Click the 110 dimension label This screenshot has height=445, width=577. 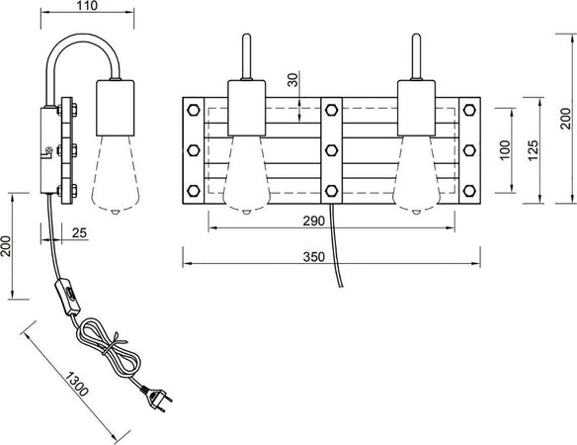tap(87, 6)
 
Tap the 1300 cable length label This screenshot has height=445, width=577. tap(77, 385)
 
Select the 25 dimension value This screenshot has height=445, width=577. tap(79, 232)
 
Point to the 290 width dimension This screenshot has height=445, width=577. tap(314, 222)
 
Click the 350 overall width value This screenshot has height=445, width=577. tap(314, 257)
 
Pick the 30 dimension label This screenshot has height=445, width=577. tap(292, 80)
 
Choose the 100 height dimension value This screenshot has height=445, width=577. tap(506, 150)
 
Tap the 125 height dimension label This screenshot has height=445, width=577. tap(533, 150)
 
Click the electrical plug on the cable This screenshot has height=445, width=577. tap(157, 398)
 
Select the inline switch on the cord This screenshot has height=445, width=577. tap(68, 298)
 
